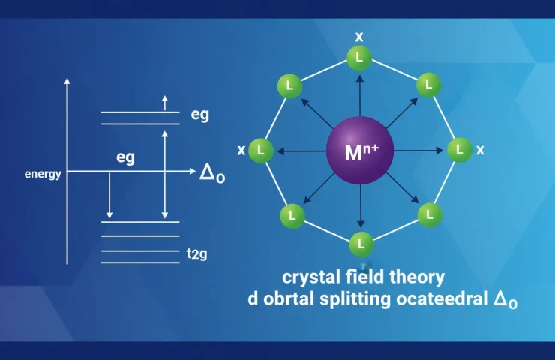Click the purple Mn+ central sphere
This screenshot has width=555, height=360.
361,152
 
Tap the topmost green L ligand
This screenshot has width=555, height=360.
360,57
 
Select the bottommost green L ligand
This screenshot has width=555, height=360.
361,244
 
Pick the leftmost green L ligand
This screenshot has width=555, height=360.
261,150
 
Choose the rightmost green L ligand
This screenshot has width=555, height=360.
458,150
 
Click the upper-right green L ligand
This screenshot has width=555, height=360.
428,85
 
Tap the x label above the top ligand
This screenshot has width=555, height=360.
360,37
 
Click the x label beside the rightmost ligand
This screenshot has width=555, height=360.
480,150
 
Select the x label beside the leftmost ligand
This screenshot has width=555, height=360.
241,151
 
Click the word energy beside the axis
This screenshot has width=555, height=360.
43,174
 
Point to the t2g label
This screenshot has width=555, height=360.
196,254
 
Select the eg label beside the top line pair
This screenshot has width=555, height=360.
199,116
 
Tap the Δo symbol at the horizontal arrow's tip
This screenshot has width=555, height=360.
211,173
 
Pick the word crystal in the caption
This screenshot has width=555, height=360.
304,276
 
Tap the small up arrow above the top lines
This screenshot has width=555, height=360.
166,101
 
